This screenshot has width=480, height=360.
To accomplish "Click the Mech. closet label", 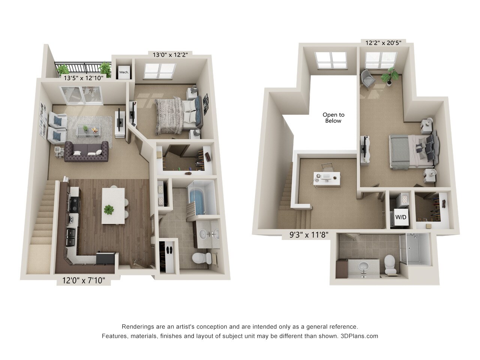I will [x=124, y=72].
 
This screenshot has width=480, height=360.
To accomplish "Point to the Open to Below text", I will [x=333, y=118].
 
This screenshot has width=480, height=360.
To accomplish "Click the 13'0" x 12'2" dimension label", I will [x=170, y=54].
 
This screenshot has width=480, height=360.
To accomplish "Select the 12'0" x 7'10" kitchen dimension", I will [x=81, y=280].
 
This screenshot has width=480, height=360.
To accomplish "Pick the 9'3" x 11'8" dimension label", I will [x=305, y=235].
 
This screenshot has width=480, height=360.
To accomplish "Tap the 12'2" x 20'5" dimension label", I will [x=383, y=43].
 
